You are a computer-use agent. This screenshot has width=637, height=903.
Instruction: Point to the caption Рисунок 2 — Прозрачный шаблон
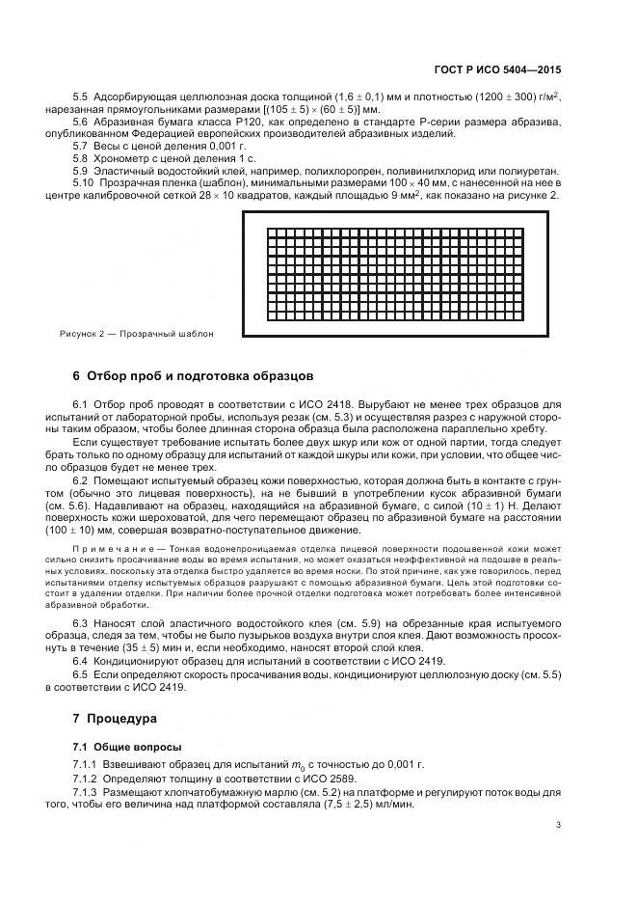(135, 334)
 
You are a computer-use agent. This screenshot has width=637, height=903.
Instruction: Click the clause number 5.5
(81, 98)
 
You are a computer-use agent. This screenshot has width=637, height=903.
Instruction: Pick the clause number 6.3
(81, 624)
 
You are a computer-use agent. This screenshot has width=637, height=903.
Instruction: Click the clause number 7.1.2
(87, 779)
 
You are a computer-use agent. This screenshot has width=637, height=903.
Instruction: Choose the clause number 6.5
(81, 675)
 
